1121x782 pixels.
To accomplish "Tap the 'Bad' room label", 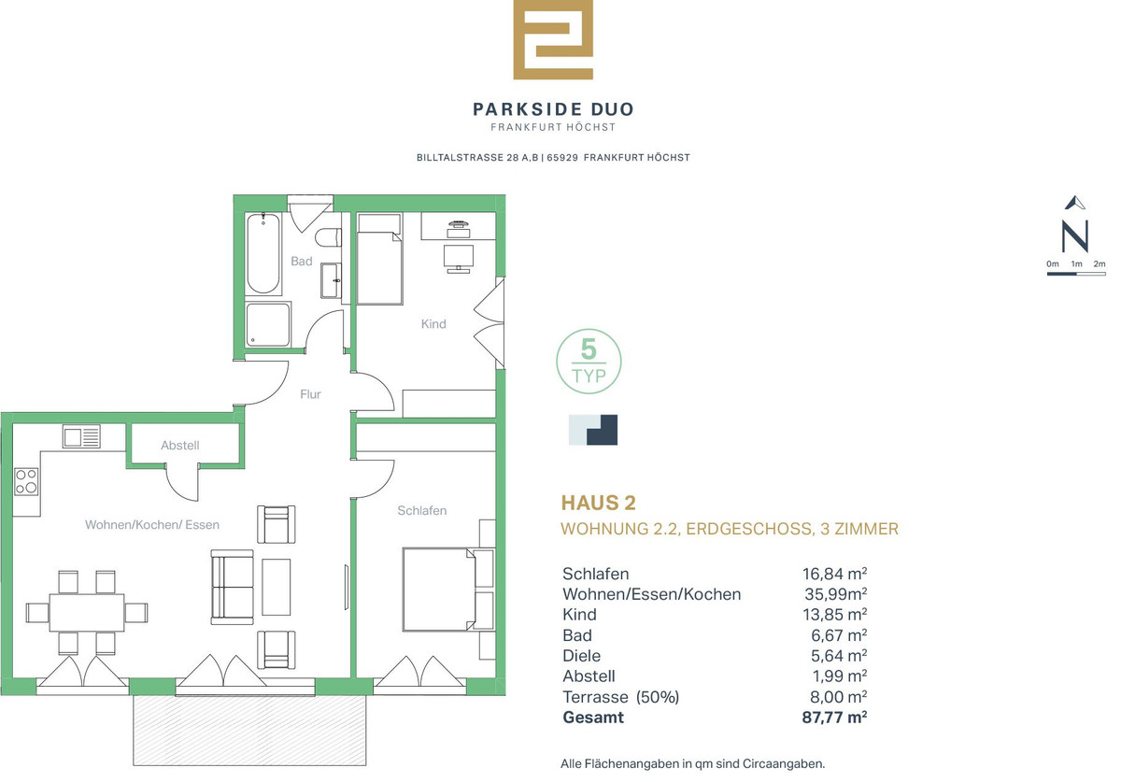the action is point(301,261).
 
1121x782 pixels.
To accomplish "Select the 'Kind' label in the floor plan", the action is point(433,324).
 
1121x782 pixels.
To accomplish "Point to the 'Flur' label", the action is point(310,394).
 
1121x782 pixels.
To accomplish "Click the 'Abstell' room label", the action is point(179,445).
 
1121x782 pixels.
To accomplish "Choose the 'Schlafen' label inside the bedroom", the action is point(422,510).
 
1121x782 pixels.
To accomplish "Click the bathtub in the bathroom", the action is point(263,253).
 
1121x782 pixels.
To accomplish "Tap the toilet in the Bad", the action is point(329,237).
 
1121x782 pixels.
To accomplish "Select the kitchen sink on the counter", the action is point(81,436).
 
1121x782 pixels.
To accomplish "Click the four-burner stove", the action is point(26,481).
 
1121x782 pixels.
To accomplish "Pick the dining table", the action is point(87,612).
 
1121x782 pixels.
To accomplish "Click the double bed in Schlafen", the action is point(439,590).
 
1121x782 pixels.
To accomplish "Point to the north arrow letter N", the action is point(1075,235).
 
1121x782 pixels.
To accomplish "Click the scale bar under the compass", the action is point(1076,274).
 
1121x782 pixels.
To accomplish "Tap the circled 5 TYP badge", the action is point(589,361).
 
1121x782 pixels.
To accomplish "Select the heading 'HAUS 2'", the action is point(598,503).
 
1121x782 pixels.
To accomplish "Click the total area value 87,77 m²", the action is point(834,717).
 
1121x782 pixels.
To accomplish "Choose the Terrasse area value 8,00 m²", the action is point(838,696).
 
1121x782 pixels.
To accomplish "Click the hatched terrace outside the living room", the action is point(249,731).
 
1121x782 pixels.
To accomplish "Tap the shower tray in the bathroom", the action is point(268,324).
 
